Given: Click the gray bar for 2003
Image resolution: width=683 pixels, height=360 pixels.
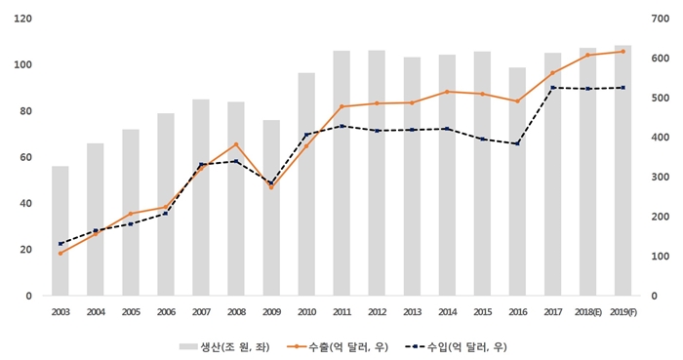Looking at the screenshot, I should (x=60, y=230).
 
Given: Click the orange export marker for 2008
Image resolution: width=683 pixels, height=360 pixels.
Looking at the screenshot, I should (x=236, y=144).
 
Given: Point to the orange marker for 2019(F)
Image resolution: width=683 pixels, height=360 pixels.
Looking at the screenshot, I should (x=623, y=51).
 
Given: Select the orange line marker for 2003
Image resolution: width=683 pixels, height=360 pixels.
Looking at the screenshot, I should (x=60, y=253).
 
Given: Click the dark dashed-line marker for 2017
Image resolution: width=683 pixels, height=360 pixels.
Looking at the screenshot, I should (x=552, y=88).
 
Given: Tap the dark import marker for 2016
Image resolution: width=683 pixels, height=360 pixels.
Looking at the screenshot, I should (x=517, y=143).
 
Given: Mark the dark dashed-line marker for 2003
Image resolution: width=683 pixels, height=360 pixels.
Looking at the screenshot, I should (x=60, y=244).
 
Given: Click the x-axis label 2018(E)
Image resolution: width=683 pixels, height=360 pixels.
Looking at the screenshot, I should (x=587, y=311).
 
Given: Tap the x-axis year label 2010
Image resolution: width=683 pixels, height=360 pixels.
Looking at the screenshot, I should (x=306, y=311).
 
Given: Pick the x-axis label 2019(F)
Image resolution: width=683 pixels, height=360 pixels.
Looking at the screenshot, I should (x=623, y=311).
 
